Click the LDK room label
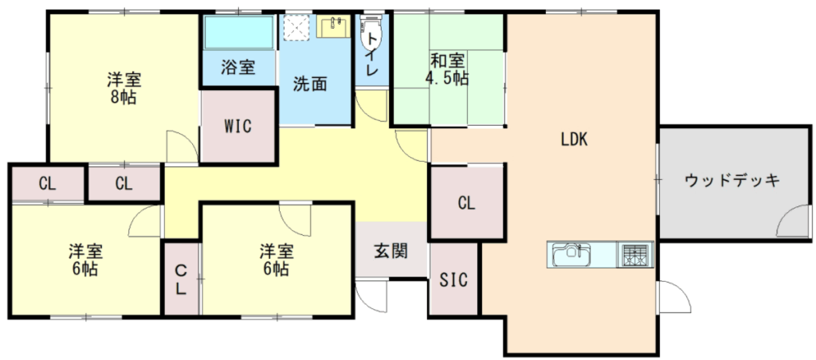pyautogui.click(x=574, y=139)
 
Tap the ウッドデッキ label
pyautogui.click(x=732, y=181)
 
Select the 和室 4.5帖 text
pyautogui.click(x=447, y=69)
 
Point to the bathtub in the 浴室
pyautogui.click(x=239, y=32)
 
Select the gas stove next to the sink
pyautogui.click(x=634, y=255)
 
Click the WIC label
pyautogui.click(x=238, y=126)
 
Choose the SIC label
pyautogui.click(x=453, y=280)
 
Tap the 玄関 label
pyautogui.click(x=390, y=251)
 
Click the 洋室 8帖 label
pyautogui.click(x=124, y=88)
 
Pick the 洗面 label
pyautogui.click(x=310, y=84)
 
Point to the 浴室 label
pyautogui.click(x=238, y=67)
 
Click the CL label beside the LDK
pyautogui.click(x=467, y=203)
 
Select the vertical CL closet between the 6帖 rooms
pyautogui.click(x=181, y=279)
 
